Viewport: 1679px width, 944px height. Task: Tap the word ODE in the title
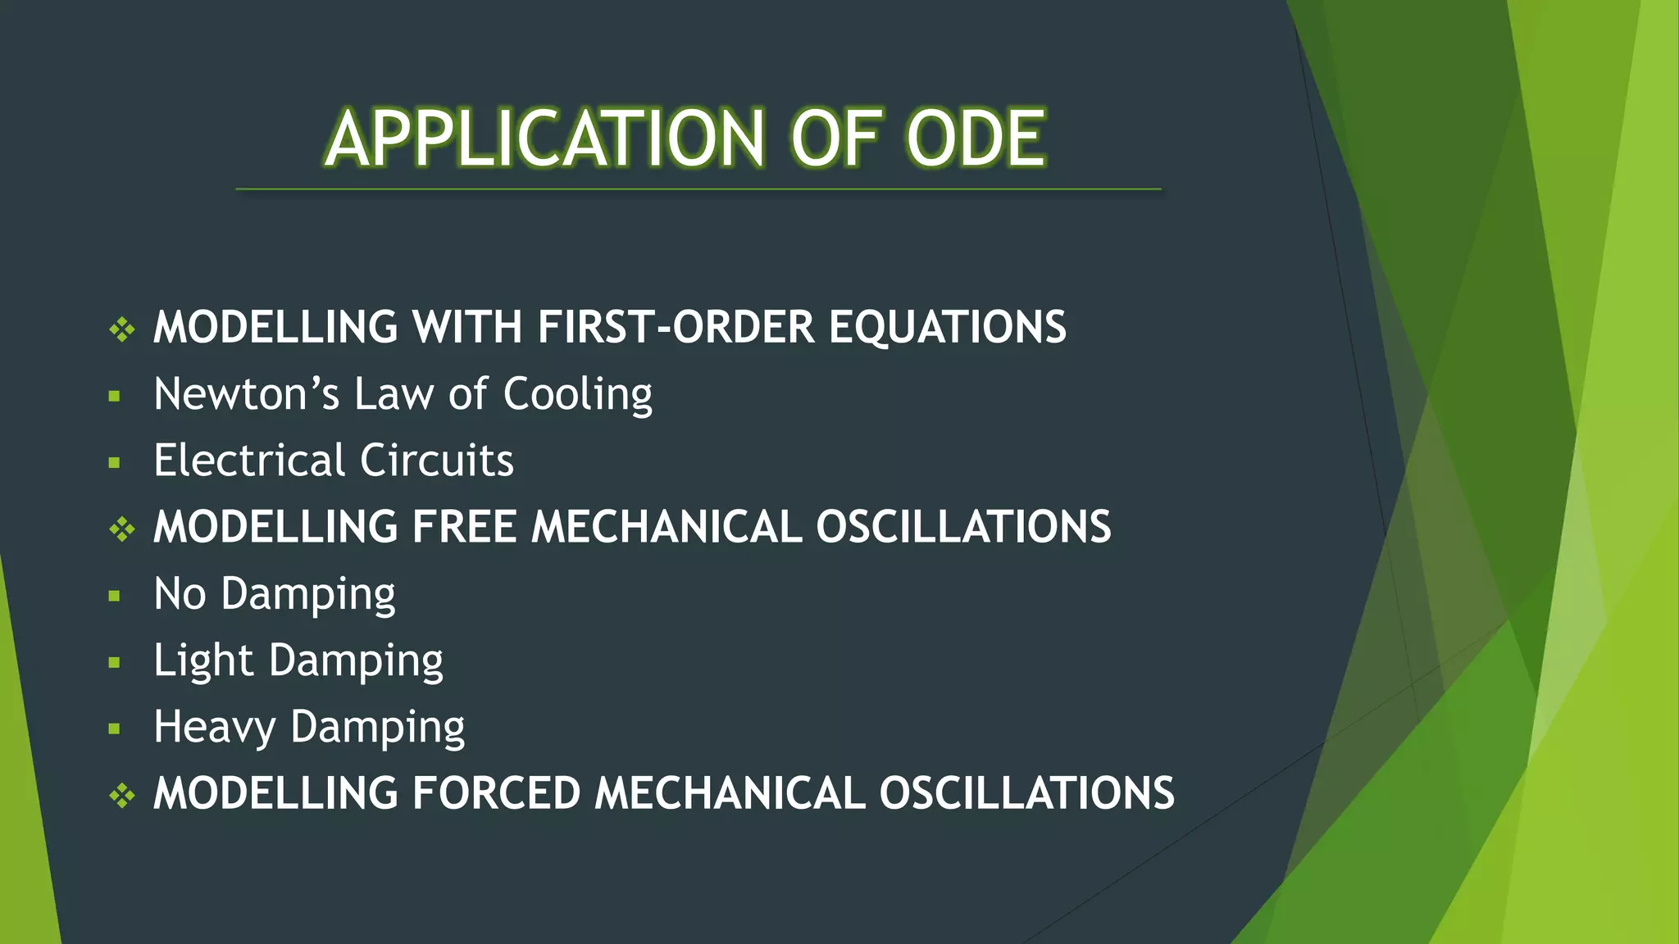pyautogui.click(x=976, y=138)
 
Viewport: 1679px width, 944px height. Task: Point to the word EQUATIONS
pyautogui.click(x=948, y=327)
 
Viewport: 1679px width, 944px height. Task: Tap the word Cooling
pyautogui.click(x=577, y=396)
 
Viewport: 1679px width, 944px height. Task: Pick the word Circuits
pyautogui.click(x=437, y=460)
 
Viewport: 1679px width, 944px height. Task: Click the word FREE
pyautogui.click(x=464, y=527)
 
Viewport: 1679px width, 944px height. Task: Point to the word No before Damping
pyautogui.click(x=180, y=593)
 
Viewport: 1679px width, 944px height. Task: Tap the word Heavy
pyautogui.click(x=215, y=728)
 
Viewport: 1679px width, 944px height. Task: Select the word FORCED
pyautogui.click(x=496, y=793)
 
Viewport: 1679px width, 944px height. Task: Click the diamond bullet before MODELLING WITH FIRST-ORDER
pyautogui.click(x=122, y=329)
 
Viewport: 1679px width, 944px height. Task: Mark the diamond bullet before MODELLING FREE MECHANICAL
pyautogui.click(x=122, y=529)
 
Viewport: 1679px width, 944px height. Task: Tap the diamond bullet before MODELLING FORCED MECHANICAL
pyautogui.click(x=122, y=795)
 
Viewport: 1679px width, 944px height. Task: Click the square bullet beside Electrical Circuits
pyautogui.click(x=114, y=463)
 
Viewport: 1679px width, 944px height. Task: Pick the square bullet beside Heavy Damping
pyautogui.click(x=114, y=728)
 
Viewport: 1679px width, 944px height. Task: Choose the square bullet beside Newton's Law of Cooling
pyautogui.click(x=114, y=397)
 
